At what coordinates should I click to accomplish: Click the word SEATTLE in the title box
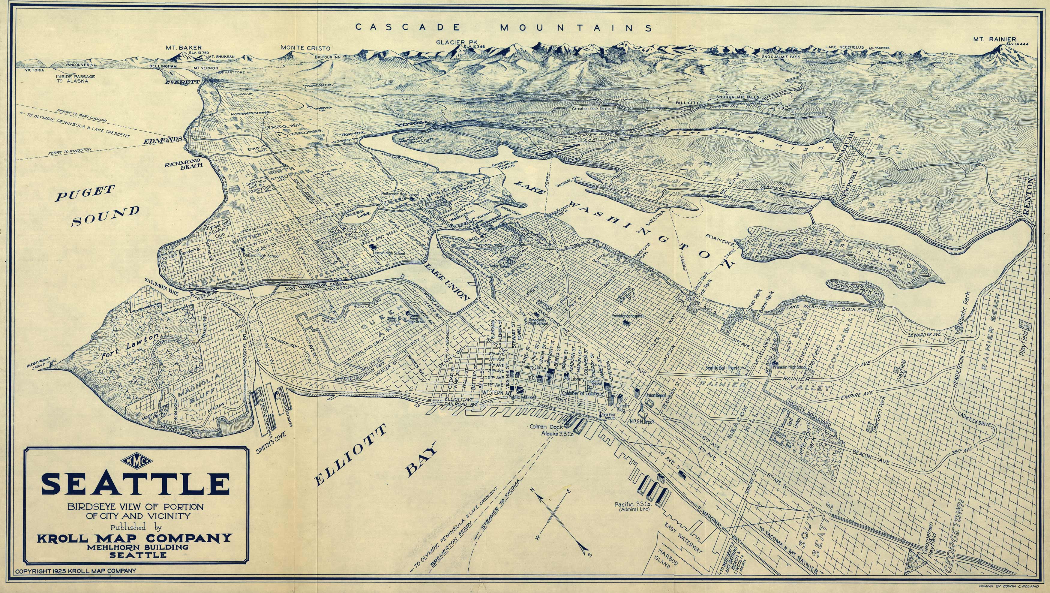coord(135,484)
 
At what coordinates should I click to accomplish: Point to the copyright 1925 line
coord(75,571)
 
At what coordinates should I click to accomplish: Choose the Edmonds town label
coord(162,140)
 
